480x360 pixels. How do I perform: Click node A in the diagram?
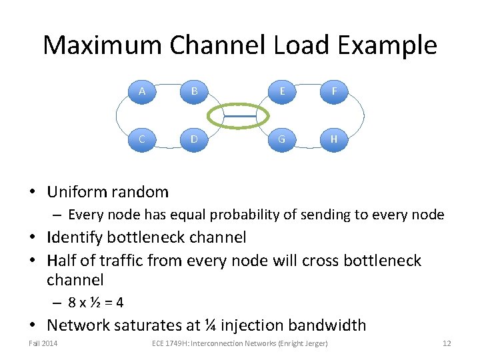[x=141, y=91]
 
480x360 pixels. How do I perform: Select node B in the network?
[x=194, y=91]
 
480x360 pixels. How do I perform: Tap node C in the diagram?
[x=141, y=139]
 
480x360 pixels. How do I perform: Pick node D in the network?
[x=194, y=139]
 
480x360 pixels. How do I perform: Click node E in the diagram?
[x=282, y=91]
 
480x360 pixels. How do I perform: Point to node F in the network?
[x=334, y=91]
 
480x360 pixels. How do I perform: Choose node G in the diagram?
[x=282, y=139]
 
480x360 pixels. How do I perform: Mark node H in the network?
[x=334, y=139]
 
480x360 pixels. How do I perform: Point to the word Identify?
[x=75, y=237]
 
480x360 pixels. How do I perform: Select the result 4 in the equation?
[x=119, y=303]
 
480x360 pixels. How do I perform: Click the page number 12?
[x=447, y=343]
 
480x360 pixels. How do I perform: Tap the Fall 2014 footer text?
[x=43, y=343]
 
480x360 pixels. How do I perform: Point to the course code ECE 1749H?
[x=175, y=343]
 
